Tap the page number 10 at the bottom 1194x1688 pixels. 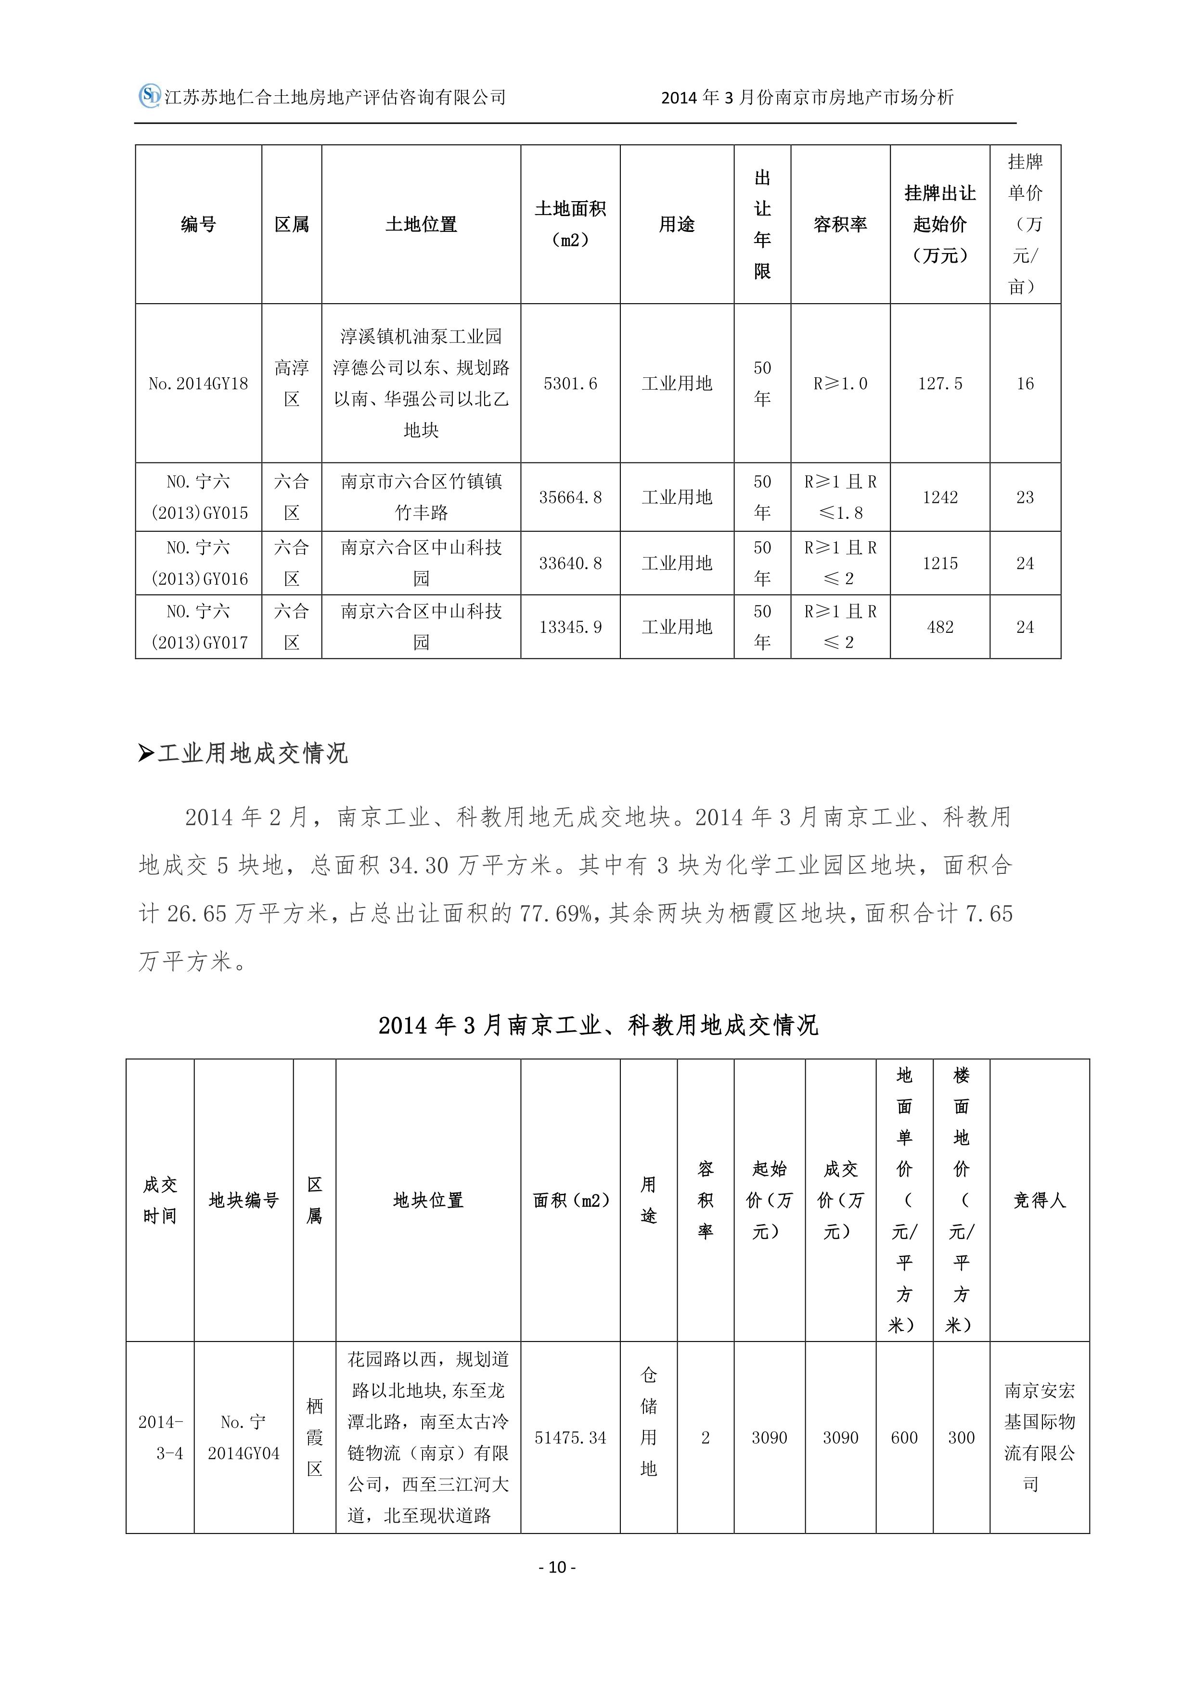[557, 1567]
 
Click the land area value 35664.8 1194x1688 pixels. [571, 498]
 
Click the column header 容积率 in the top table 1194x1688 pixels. [840, 224]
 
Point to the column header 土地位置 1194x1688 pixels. [421, 224]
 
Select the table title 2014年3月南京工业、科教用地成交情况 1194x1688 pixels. [598, 1025]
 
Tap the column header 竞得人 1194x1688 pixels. [1039, 1201]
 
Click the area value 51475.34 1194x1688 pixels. [571, 1437]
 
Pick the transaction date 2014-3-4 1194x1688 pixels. [160, 1437]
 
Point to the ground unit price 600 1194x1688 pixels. [904, 1437]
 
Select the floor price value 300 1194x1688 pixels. [961, 1437]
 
